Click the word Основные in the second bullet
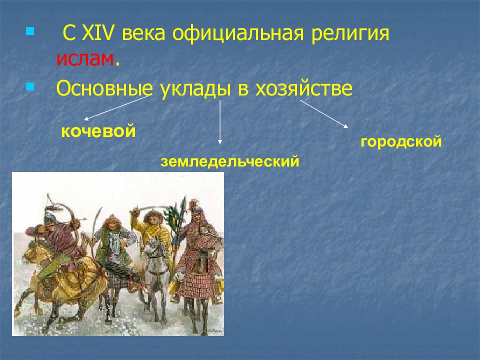click(x=104, y=88)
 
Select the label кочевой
click(x=98, y=132)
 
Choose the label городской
click(x=401, y=142)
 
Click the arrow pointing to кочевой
click(x=116, y=108)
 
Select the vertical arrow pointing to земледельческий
click(x=219, y=122)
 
